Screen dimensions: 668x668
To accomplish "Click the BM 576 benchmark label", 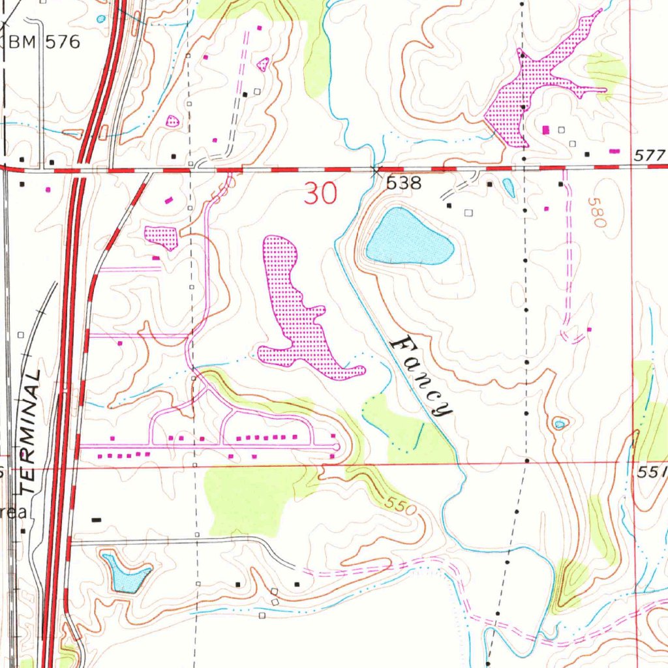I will [44, 43].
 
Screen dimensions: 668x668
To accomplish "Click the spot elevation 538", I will [404, 184].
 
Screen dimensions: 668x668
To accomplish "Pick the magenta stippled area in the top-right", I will [528, 91].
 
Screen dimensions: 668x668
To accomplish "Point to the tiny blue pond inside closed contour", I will [559, 425].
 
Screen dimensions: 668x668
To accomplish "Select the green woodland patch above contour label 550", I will [248, 496].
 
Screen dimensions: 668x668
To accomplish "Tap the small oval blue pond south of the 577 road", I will [508, 188].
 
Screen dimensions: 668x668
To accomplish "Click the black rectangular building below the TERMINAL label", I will [97, 520].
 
